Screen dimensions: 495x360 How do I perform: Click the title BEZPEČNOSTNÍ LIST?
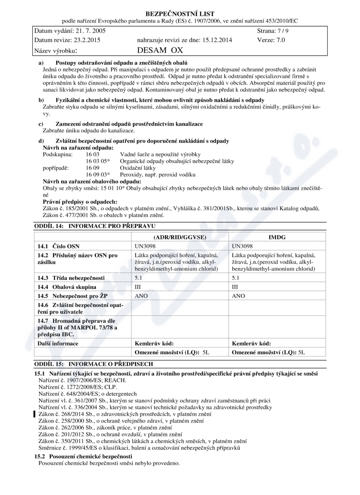pos(180,14)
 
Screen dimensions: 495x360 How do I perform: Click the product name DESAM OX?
pos(160,50)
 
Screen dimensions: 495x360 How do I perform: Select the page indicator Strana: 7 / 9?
pos(273,31)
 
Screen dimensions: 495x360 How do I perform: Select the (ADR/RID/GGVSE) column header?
pos(180,237)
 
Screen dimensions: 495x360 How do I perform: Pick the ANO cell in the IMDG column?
pos(238,296)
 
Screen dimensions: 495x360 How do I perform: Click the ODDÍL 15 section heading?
pos(94,364)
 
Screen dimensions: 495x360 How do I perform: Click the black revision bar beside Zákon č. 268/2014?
pos(35,414)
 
